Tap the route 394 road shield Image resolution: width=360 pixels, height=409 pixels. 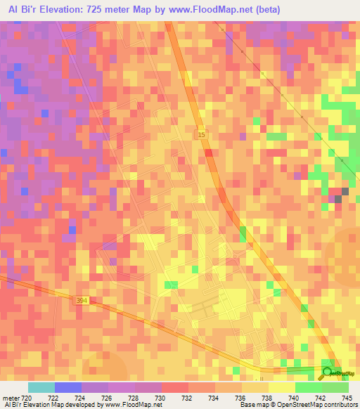pyautogui.click(x=82, y=300)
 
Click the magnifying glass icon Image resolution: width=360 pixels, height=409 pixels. pyautogui.click(x=327, y=372)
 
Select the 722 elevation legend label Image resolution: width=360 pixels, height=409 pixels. pyautogui.click(x=53, y=397)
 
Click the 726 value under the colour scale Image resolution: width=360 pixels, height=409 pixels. pyautogui.click(x=107, y=397)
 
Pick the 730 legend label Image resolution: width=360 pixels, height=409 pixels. pyautogui.click(x=160, y=397)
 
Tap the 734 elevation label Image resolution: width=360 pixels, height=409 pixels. pyautogui.click(x=214, y=397)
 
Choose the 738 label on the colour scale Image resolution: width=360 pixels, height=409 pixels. pyautogui.click(x=267, y=397)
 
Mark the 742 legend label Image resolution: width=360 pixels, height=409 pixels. pyautogui.click(x=321, y=397)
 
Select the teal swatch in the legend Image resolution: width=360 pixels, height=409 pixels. pyautogui.click(x=41, y=387)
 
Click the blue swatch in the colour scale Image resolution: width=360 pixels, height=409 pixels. pyautogui.click(x=67, y=387)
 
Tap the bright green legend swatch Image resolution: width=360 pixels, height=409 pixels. pyautogui.click(x=308, y=387)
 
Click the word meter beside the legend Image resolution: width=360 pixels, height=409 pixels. pyautogui.click(x=11, y=397)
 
